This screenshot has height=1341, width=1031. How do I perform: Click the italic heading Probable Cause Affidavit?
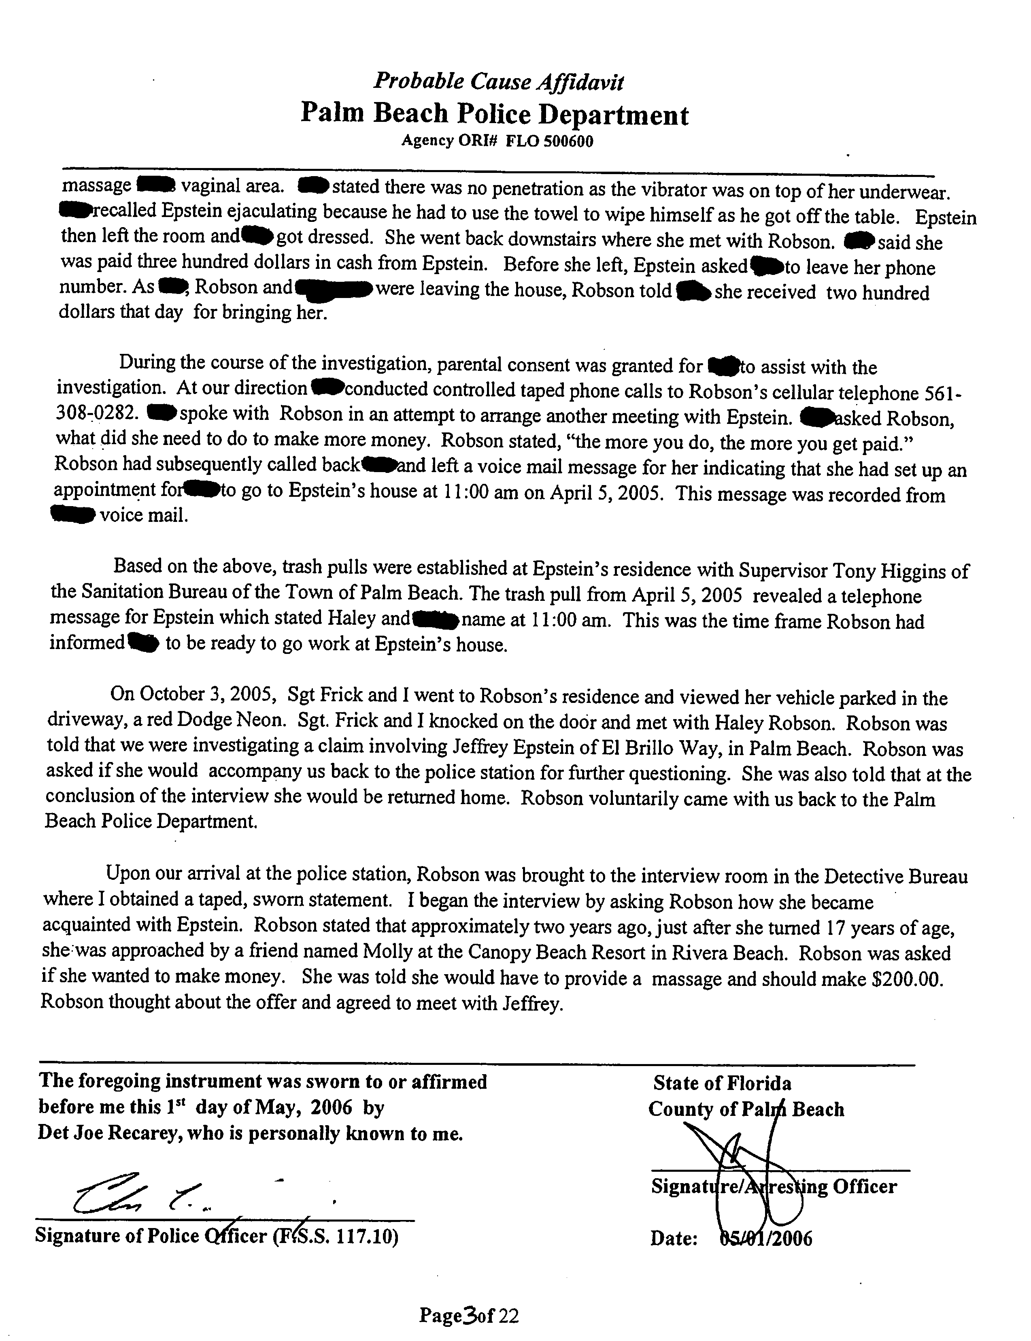[499, 81]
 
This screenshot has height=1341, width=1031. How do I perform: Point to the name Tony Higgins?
[884, 571]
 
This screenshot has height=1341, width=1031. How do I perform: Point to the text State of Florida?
[722, 1083]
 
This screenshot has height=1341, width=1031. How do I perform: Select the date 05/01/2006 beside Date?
[765, 1239]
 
